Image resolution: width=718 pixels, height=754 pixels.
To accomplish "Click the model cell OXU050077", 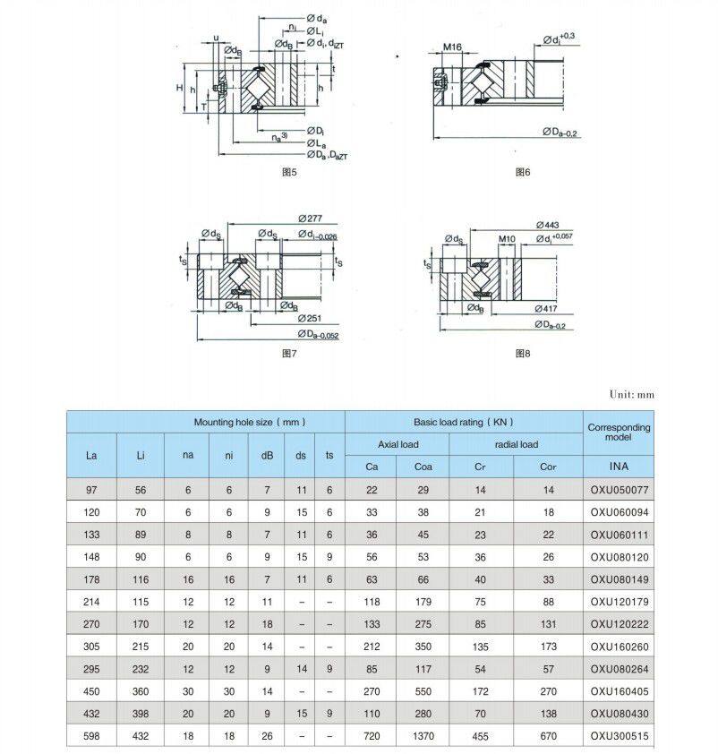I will click(x=618, y=490).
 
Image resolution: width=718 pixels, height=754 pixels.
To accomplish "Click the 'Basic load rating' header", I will click(x=463, y=421).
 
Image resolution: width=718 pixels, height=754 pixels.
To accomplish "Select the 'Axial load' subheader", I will click(x=397, y=443).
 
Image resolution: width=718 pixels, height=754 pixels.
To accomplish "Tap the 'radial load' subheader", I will click(x=516, y=443).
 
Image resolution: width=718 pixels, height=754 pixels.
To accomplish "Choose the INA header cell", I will click(x=618, y=467).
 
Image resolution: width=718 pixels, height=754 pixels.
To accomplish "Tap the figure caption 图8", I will click(x=524, y=353).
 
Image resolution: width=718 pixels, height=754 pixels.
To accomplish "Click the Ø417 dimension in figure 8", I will click(x=547, y=309).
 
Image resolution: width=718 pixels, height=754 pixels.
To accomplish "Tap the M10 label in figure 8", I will click(x=507, y=239).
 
